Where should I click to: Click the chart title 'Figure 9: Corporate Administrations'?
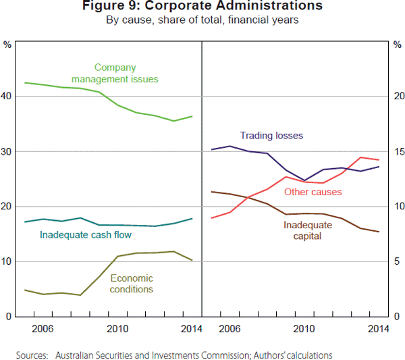(x=202, y=6)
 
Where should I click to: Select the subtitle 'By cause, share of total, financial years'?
(x=202, y=20)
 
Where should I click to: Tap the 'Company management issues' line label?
(x=115, y=73)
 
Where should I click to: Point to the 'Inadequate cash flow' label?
(x=85, y=235)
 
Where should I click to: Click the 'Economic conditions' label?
(x=132, y=284)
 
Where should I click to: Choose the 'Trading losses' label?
(x=271, y=136)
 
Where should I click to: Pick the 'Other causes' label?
(x=313, y=192)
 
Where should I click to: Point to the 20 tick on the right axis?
(x=398, y=97)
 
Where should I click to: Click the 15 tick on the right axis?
(x=398, y=151)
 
